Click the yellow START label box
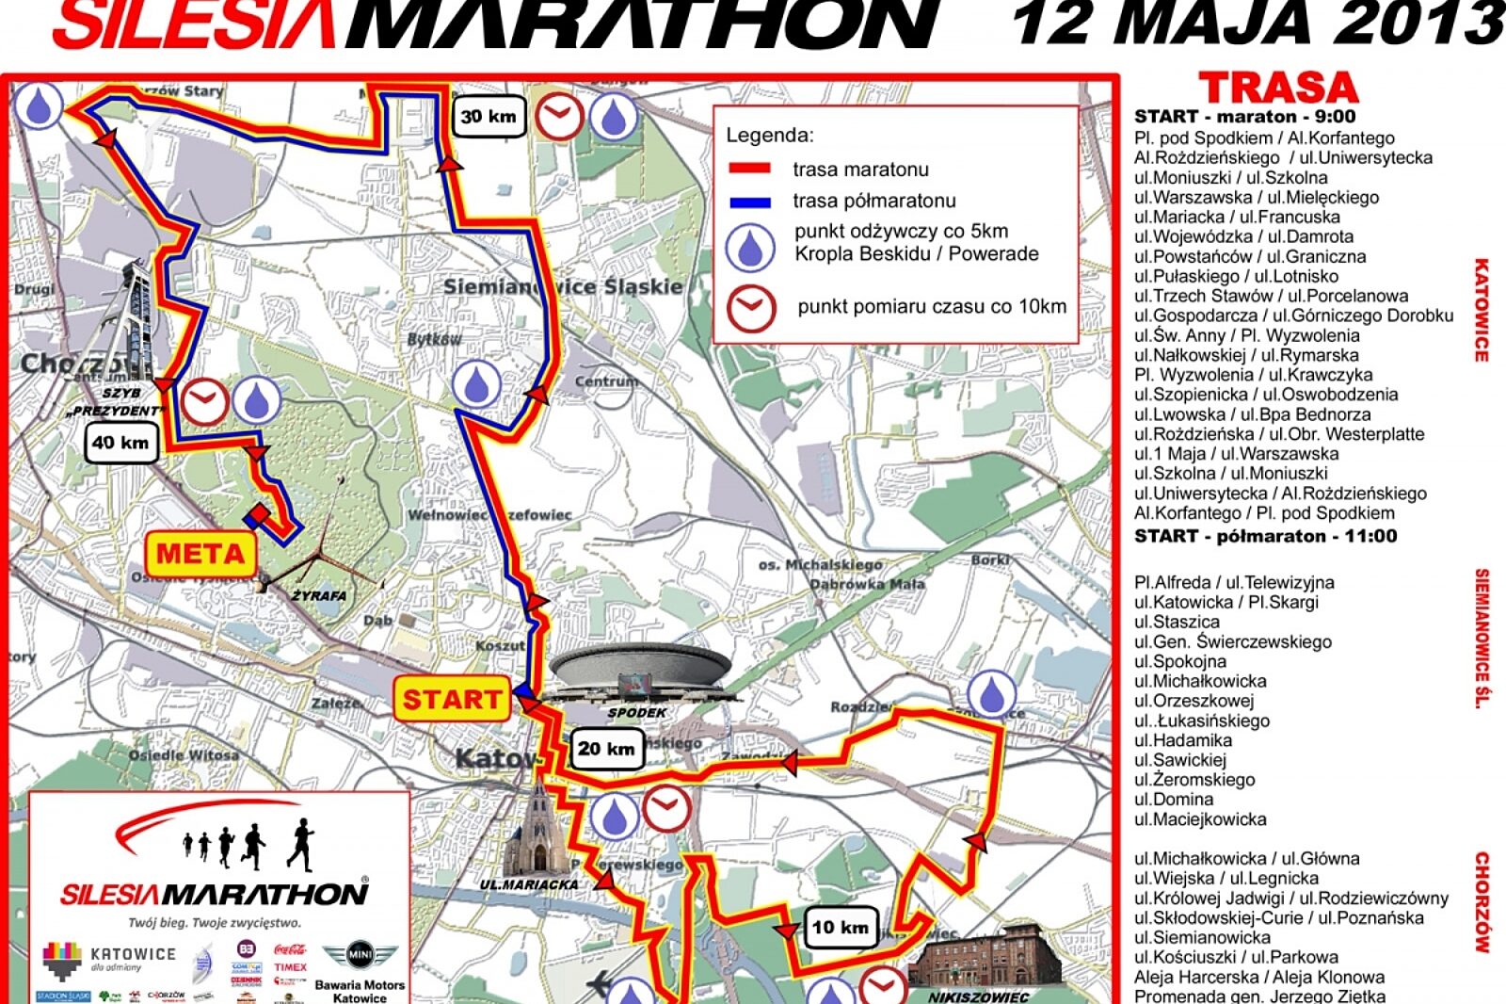click(x=453, y=700)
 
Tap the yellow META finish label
click(x=200, y=553)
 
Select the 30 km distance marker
click(x=488, y=117)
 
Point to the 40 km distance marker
click(x=120, y=443)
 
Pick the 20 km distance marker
click(x=606, y=749)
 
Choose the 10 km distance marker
click(x=841, y=927)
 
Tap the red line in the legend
click(x=750, y=170)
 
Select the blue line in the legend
click(x=750, y=202)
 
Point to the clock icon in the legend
click(x=750, y=308)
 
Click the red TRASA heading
click(x=1278, y=89)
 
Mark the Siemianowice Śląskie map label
click(x=563, y=286)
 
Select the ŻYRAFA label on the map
click(x=318, y=596)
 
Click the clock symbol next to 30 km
click(x=559, y=117)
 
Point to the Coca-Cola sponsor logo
click(x=290, y=949)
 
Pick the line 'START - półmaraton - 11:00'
click(x=1265, y=536)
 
